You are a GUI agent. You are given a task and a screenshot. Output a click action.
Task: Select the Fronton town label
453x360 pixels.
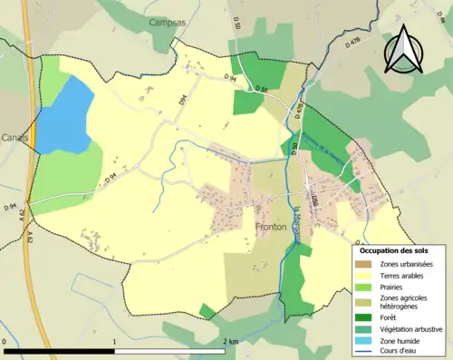tap(271, 226)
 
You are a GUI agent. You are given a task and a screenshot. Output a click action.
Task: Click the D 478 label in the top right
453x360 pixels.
tap(354, 41)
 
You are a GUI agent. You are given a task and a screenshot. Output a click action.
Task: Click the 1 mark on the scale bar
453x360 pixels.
tap(114, 342)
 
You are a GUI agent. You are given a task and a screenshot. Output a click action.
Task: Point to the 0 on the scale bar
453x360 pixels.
tap(5, 342)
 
